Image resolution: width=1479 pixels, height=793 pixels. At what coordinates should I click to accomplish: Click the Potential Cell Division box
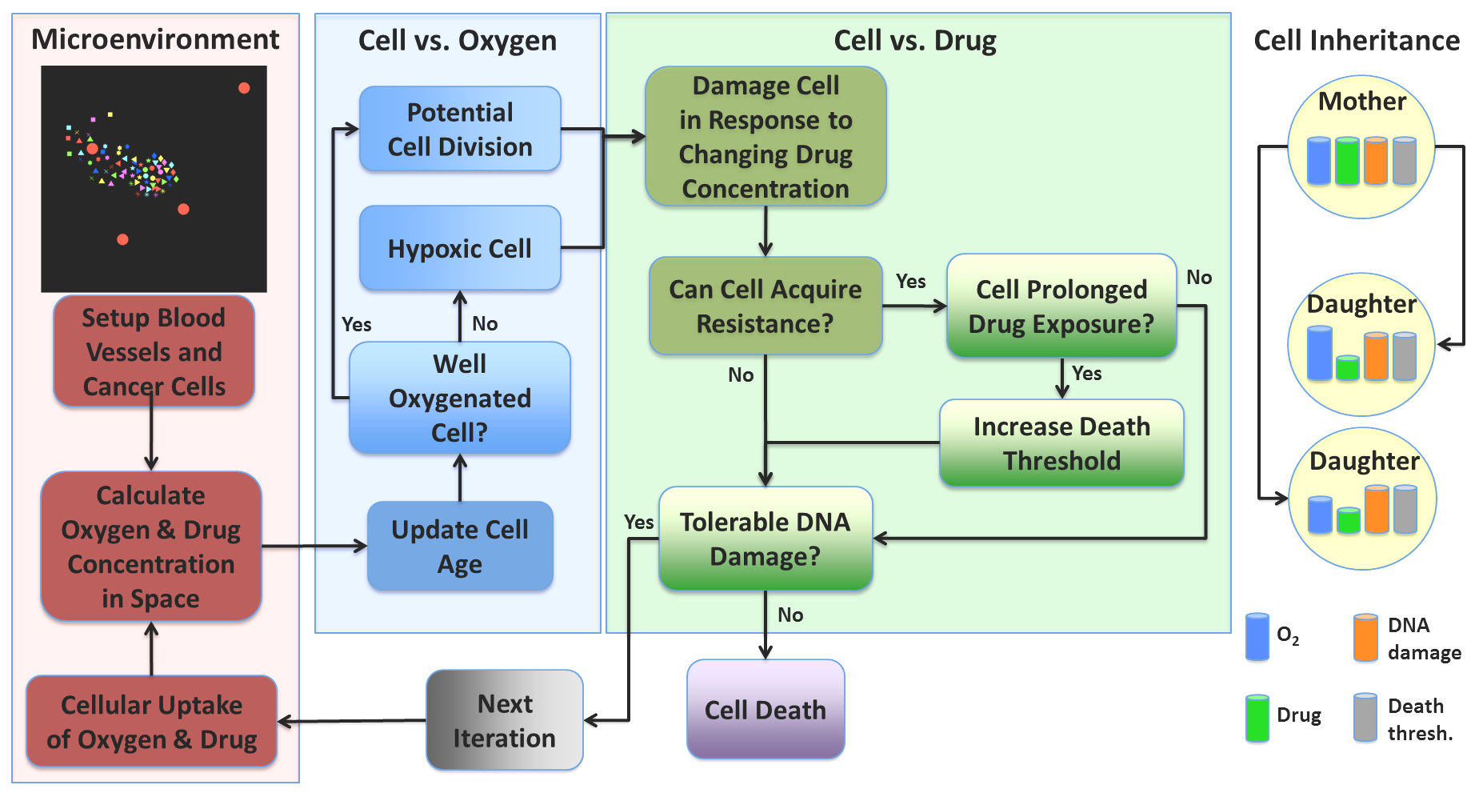click(x=460, y=129)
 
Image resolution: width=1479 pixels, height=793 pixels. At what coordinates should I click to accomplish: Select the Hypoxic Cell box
click(x=460, y=248)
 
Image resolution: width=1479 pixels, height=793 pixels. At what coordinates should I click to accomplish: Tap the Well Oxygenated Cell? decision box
click(x=460, y=398)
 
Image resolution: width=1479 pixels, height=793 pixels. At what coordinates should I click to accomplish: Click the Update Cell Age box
click(x=460, y=547)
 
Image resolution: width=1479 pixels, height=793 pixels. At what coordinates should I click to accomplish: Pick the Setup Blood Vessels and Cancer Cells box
click(x=154, y=351)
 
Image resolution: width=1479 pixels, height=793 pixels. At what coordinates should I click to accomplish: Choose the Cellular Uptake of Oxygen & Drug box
click(x=152, y=721)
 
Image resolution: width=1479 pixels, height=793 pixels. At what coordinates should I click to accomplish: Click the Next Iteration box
click(x=505, y=720)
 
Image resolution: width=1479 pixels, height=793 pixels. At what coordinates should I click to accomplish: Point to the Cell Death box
click(x=765, y=709)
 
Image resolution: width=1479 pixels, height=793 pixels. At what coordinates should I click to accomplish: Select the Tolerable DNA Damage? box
click(x=765, y=539)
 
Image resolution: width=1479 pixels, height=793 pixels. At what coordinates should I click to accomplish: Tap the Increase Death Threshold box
click(x=1061, y=443)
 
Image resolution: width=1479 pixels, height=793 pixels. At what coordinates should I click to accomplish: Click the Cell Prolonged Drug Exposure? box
click(x=1061, y=306)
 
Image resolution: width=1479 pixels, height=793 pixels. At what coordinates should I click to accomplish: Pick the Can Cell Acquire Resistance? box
click(x=765, y=306)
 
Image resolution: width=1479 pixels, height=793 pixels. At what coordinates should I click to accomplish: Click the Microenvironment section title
click(x=155, y=39)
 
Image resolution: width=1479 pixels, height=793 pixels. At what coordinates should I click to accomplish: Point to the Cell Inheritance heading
click(x=1357, y=40)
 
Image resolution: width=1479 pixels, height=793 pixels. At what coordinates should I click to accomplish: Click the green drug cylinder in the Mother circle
click(x=1347, y=161)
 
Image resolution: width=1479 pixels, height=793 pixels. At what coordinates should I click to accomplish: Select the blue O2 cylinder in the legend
click(x=1257, y=637)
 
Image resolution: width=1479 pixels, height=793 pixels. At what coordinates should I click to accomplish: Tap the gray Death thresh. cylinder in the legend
click(x=1365, y=717)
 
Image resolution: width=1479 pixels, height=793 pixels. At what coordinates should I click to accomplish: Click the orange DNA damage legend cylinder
click(x=1365, y=638)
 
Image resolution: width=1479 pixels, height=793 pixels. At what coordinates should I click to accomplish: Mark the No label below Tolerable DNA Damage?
click(x=790, y=615)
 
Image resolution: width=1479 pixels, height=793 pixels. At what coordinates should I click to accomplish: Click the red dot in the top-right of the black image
click(x=244, y=88)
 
